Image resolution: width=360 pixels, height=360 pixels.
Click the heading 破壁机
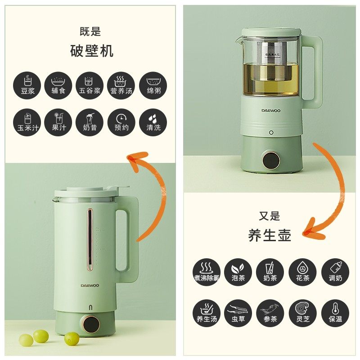point(92,51)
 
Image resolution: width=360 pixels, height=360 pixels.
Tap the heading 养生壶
point(270,234)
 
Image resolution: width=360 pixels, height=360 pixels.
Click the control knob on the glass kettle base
point(271,161)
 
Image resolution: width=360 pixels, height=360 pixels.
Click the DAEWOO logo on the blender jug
point(90,285)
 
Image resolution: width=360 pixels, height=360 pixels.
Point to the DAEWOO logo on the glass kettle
point(271,109)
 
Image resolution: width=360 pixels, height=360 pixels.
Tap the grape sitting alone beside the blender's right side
point(72,338)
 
